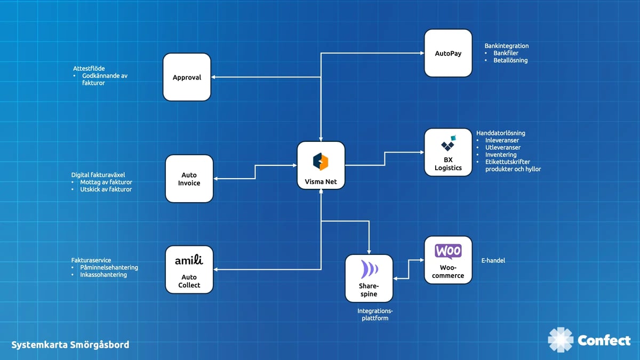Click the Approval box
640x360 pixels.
pyautogui.click(x=187, y=77)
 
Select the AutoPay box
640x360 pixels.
pyautogui.click(x=448, y=53)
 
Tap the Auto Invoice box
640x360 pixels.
pyautogui.click(x=189, y=179)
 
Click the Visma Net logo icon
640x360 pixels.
pyautogui.click(x=321, y=161)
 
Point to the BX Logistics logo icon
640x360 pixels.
pyautogui.click(x=448, y=144)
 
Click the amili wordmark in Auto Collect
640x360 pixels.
pyautogui.click(x=189, y=260)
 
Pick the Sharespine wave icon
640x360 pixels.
pyautogui.click(x=369, y=269)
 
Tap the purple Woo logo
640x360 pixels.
pyautogui.click(x=448, y=251)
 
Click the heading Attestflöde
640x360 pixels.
pyautogui.click(x=89, y=69)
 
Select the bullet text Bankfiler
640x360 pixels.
pyautogui.click(x=506, y=53)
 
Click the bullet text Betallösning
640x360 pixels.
pyautogui.click(x=510, y=60)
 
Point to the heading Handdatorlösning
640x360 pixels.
pyautogui.click(x=500, y=133)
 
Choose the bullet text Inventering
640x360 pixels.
pyautogui.click(x=501, y=155)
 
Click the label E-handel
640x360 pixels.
pyautogui.click(x=493, y=261)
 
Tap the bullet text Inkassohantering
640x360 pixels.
pyautogui.click(x=103, y=275)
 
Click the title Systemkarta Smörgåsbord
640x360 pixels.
pyautogui.click(x=70, y=345)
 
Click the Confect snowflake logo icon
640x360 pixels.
pyautogui.click(x=561, y=340)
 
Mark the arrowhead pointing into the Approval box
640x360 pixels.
pyautogui.click(x=213, y=77)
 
